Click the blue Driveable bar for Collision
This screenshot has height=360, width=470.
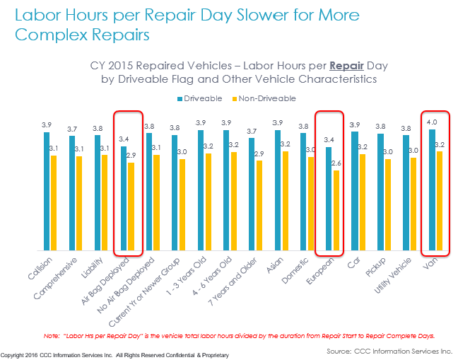pos(47,191)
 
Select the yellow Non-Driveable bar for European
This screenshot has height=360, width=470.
pos(336,210)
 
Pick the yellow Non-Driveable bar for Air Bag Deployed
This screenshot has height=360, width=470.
pos(131,207)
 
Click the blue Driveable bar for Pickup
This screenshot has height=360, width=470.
pos(381,192)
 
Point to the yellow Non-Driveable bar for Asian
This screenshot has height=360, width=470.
pos(286,201)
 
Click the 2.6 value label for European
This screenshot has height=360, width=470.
pos(336,164)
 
